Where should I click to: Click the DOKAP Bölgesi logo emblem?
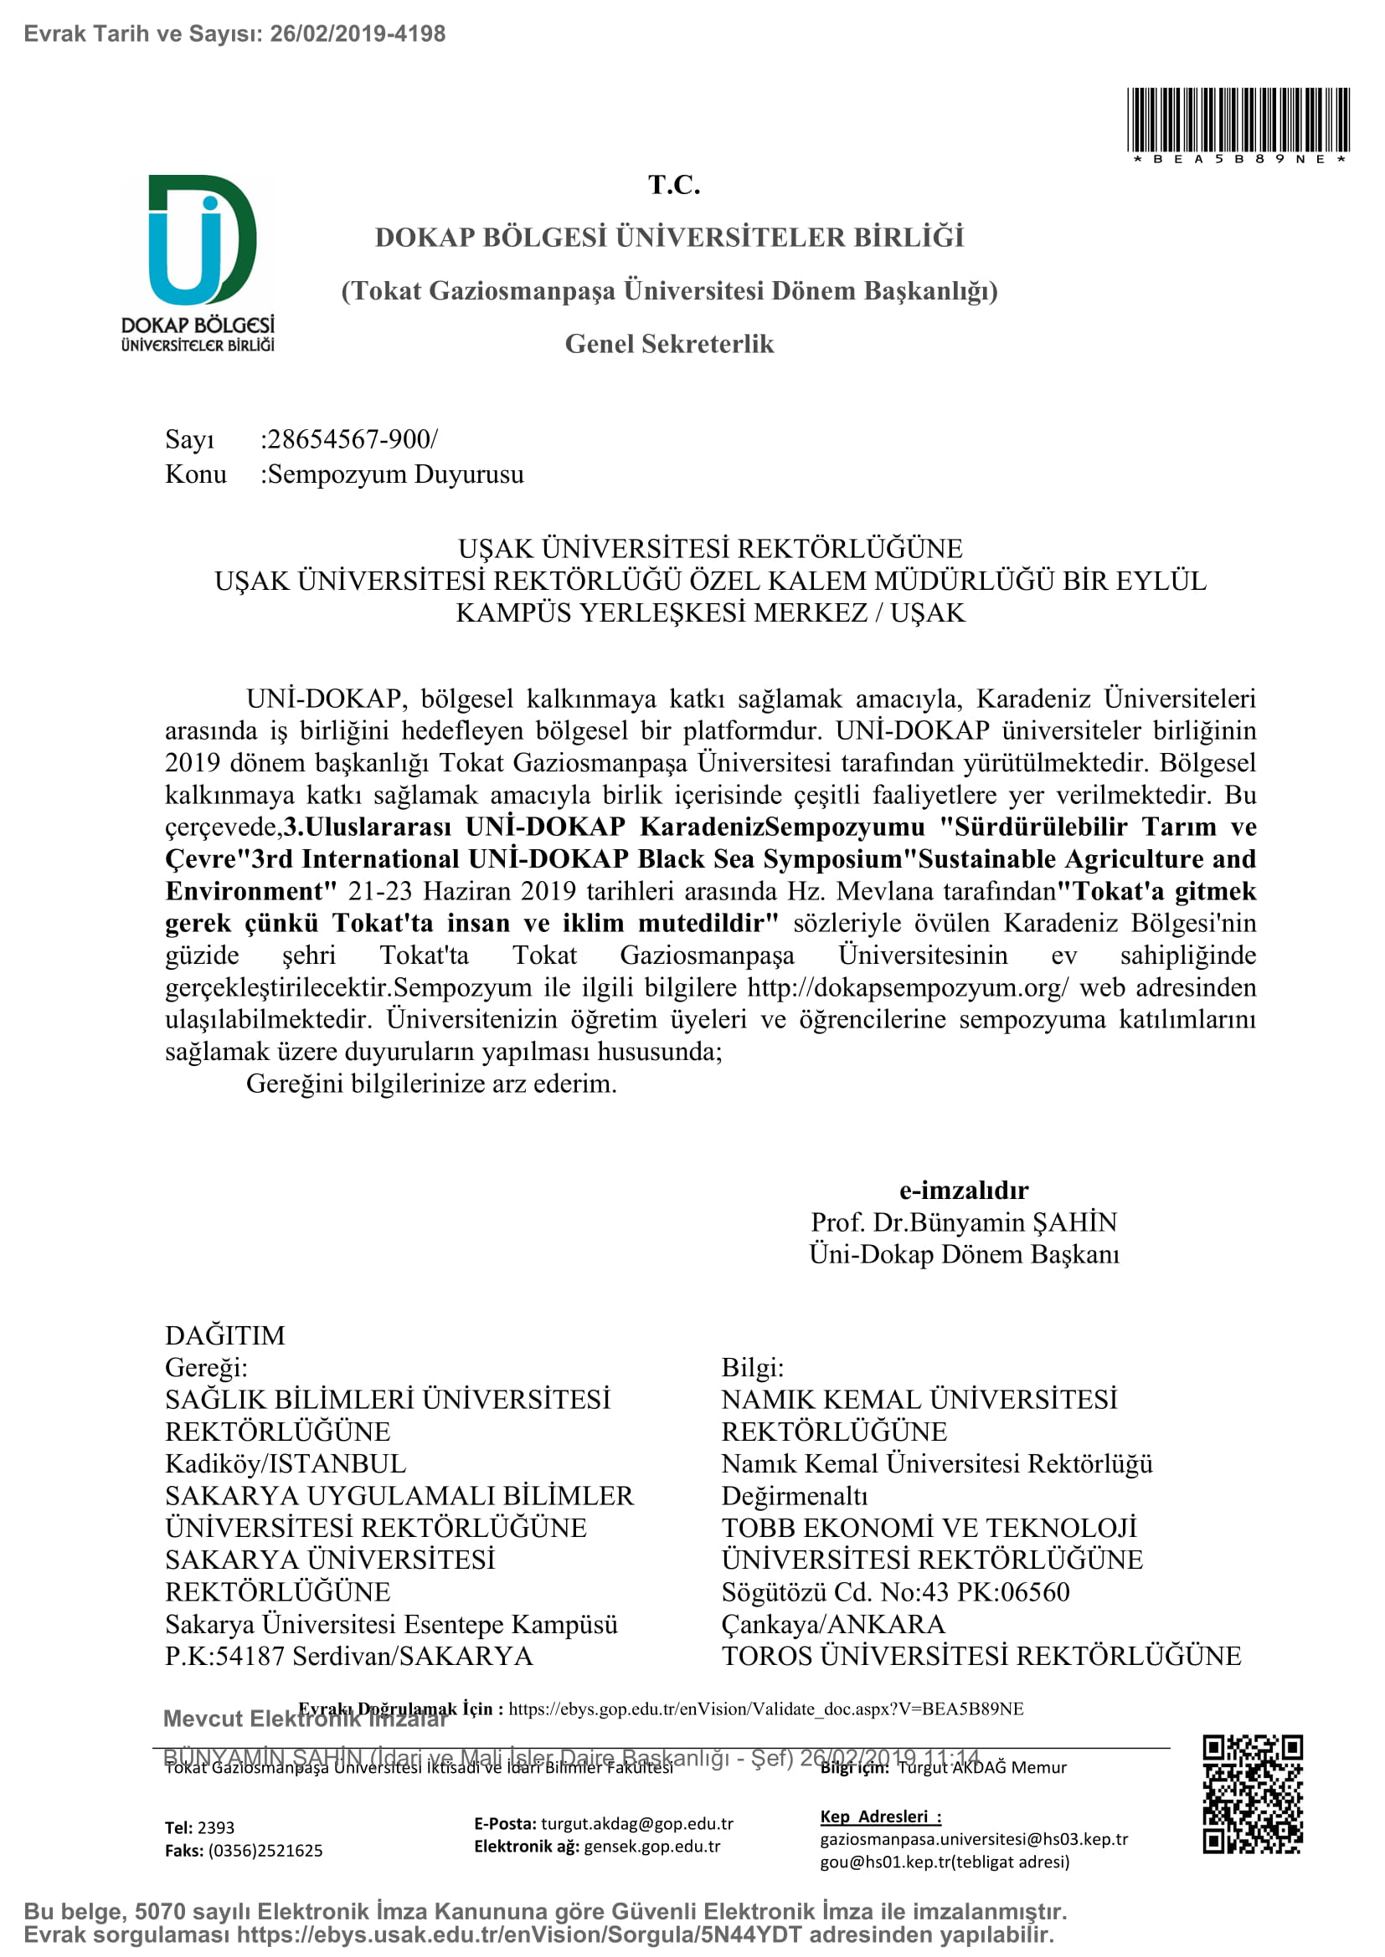point(202,240)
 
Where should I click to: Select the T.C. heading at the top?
point(674,185)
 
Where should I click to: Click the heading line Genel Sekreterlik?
point(670,344)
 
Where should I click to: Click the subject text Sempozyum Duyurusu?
point(396,474)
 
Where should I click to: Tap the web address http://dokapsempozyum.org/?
point(908,987)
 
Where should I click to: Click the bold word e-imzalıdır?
point(964,1190)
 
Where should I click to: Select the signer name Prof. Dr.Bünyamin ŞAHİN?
point(964,1222)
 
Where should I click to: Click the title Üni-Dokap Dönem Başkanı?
point(964,1254)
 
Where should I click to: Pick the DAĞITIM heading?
point(225,1335)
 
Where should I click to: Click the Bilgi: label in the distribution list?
point(752,1367)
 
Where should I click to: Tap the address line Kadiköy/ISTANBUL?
point(286,1463)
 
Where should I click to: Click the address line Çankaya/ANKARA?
point(833,1624)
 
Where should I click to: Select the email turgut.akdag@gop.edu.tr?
point(637,1824)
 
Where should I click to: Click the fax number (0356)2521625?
point(265,1851)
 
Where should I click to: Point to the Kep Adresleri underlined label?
point(880,1816)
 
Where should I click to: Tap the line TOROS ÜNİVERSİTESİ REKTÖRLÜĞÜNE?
point(981,1656)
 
